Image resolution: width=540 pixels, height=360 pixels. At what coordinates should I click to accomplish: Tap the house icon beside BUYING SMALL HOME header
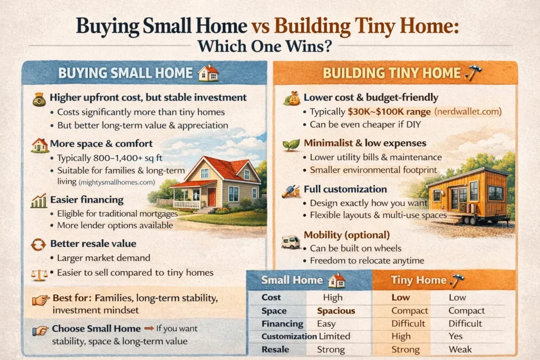(x=208, y=73)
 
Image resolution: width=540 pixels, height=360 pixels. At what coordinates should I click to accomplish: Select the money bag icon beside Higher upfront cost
(x=40, y=99)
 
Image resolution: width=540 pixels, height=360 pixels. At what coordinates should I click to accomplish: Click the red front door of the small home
(x=211, y=197)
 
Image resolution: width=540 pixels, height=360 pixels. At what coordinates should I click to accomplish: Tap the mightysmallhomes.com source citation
(x=117, y=182)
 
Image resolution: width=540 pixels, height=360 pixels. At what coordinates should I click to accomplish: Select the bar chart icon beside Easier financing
(x=39, y=201)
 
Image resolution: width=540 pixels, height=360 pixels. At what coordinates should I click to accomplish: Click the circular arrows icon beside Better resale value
(x=39, y=245)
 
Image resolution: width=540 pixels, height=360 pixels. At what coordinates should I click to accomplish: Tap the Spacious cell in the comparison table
(x=336, y=311)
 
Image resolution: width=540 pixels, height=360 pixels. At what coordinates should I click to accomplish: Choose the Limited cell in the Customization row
(x=334, y=336)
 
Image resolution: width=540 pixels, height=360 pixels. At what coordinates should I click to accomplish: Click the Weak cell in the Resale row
(x=459, y=349)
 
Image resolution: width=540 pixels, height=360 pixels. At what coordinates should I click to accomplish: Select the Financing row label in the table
(x=283, y=324)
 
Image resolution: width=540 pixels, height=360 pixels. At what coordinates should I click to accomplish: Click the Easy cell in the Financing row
(x=326, y=324)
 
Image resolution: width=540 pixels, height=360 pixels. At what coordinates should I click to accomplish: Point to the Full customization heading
(x=345, y=189)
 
